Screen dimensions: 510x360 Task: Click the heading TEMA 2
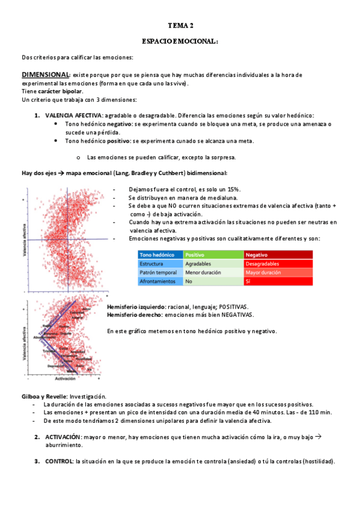(180, 26)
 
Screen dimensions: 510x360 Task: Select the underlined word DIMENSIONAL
(46, 75)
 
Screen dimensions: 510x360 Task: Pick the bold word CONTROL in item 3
(58, 462)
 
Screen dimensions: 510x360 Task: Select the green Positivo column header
(196, 254)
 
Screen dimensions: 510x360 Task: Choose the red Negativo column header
(257, 254)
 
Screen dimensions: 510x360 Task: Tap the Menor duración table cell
(203, 272)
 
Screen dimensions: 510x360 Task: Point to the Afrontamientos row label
(157, 281)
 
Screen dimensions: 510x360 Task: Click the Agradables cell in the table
(198, 263)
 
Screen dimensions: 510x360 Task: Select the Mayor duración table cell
(263, 272)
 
